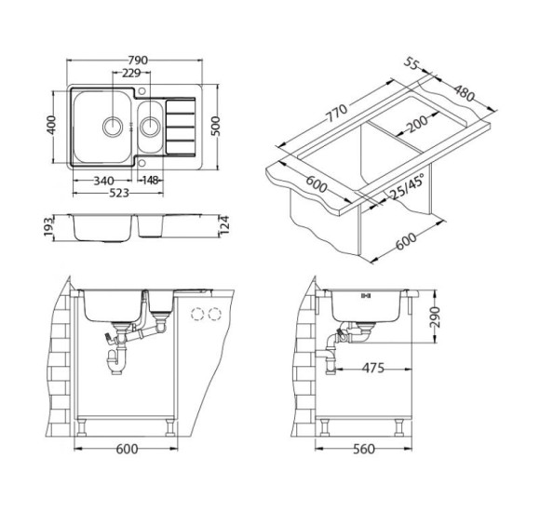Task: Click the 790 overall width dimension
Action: coord(138,61)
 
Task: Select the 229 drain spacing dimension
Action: coord(131,73)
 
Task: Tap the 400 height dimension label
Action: coord(51,125)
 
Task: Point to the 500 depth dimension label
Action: coord(215,127)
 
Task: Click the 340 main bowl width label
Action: coord(103,181)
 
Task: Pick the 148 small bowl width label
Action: coord(151,180)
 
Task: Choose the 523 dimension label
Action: coord(119,193)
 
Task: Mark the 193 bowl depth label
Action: coord(49,226)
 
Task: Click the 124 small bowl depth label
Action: coord(224,225)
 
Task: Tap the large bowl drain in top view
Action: coord(113,126)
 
